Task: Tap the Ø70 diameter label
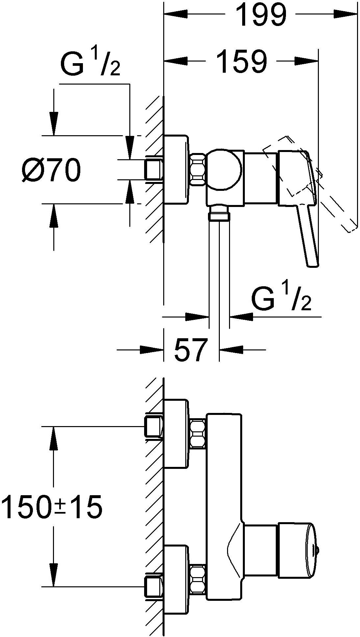pyautogui.click(x=51, y=170)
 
